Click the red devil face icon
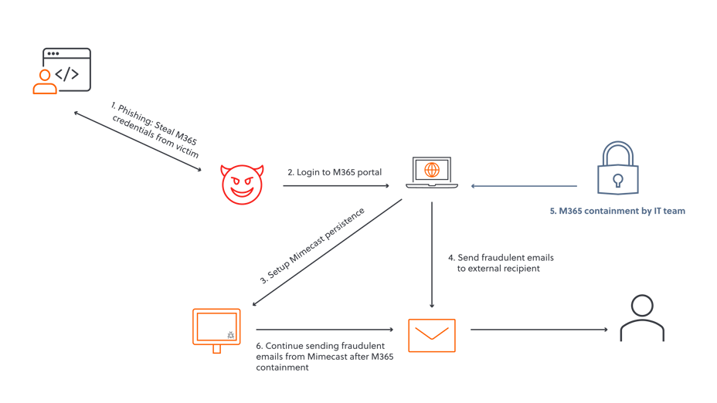pos(243,185)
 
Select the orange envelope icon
pos(431,335)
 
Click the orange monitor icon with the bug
pos(216,330)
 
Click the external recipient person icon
pos(642,318)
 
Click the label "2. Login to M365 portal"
pos(334,172)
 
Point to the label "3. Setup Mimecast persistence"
pos(312,246)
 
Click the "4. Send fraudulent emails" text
pos(500,262)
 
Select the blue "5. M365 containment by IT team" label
pos(617,211)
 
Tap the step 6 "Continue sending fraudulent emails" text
pos(320,357)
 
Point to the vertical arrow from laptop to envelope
pos(431,255)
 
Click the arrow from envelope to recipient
pos(539,330)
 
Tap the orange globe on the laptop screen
pos(432,168)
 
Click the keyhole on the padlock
pos(617,181)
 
